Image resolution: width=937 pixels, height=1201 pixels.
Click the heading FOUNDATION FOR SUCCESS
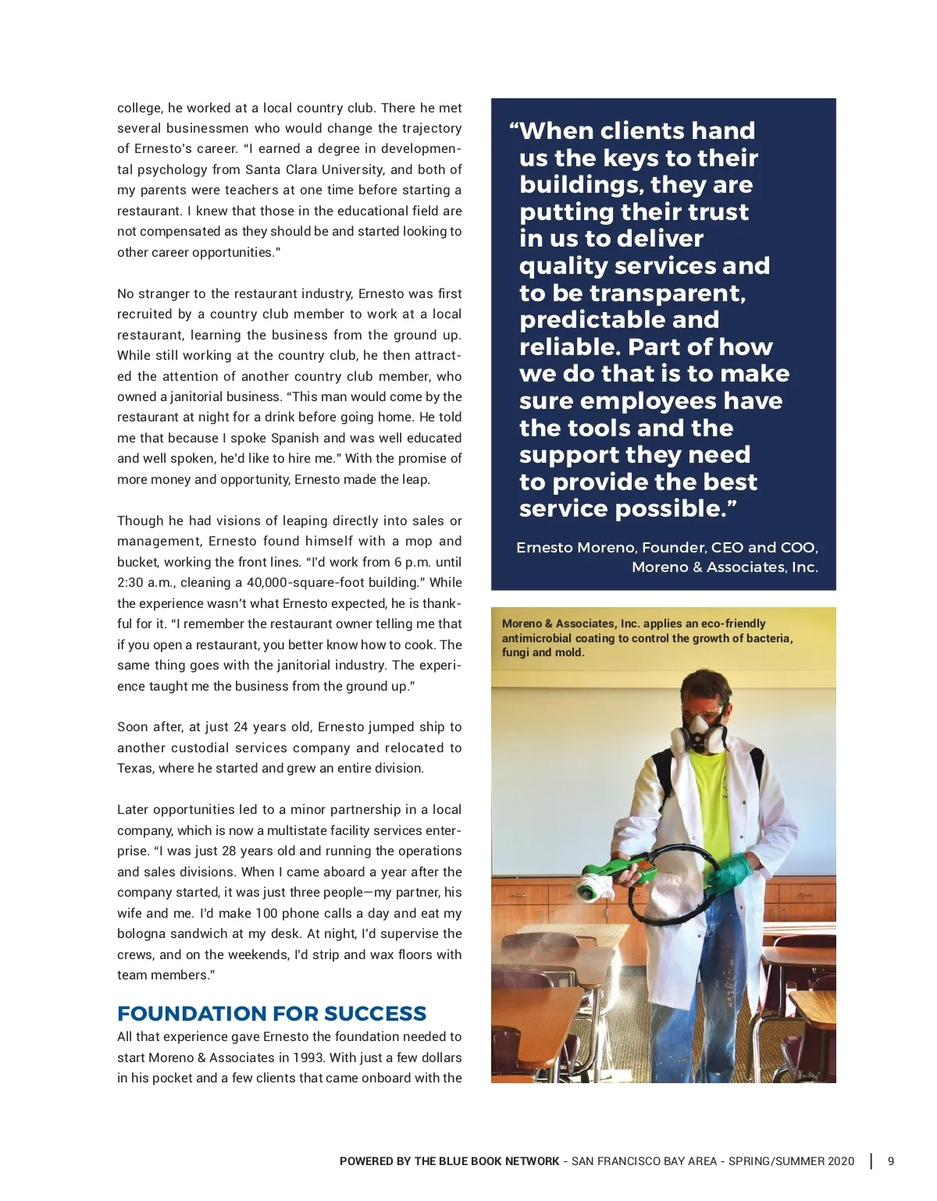[x=272, y=1014]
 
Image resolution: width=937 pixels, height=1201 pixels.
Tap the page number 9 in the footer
[x=891, y=1161]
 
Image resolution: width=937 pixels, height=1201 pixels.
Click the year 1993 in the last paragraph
[x=308, y=1057]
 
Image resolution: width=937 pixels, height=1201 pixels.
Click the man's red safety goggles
[x=701, y=712]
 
